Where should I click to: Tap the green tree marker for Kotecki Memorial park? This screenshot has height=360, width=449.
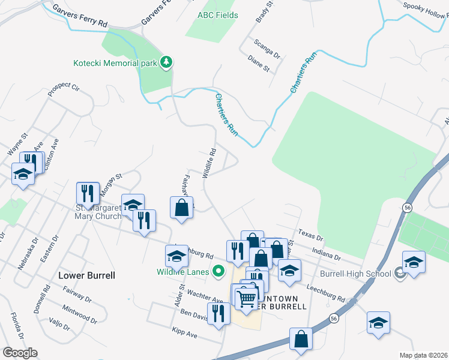click(x=166, y=62)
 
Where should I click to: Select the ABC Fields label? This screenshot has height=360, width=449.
click(x=218, y=14)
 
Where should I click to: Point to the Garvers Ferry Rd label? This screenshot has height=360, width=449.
click(x=79, y=16)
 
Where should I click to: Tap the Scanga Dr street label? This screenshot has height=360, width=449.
click(x=267, y=50)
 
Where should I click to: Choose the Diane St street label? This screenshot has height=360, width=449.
click(x=259, y=64)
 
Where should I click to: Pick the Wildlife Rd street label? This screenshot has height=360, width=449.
click(x=209, y=163)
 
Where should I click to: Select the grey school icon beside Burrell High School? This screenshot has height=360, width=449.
click(x=399, y=274)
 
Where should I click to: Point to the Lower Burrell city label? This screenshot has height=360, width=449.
click(x=86, y=275)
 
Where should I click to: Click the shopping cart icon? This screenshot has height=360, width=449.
click(x=247, y=298)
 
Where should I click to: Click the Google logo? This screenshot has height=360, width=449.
click(x=20, y=353)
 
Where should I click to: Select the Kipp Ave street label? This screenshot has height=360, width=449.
click(x=184, y=332)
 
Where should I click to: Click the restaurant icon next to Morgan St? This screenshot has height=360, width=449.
click(x=88, y=193)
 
